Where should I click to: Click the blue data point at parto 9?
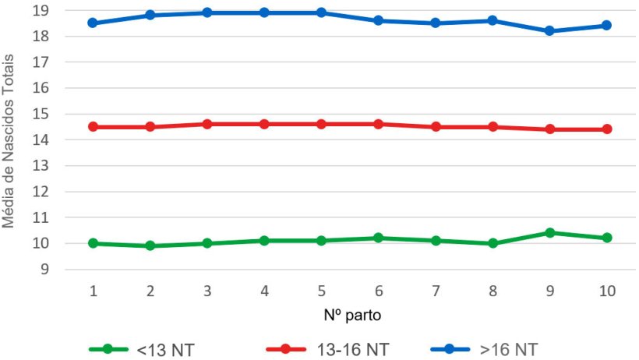coord(549,31)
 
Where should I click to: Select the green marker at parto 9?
coord(549,233)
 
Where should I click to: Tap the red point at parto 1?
coord(94,126)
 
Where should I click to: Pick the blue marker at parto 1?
coord(94,23)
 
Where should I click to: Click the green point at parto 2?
coord(150,245)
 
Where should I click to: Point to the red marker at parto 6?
coord(379,124)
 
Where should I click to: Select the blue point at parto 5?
coord(321,13)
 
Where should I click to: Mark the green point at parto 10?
coord(607,238)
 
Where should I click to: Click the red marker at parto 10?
coord(607,129)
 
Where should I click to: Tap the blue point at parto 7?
coord(436,23)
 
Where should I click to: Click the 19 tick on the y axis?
coord(63,11)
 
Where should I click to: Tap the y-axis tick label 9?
coord(67,270)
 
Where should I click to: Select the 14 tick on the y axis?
coord(63,140)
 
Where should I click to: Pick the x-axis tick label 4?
coord(265,291)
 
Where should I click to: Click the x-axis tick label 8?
coord(493,291)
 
